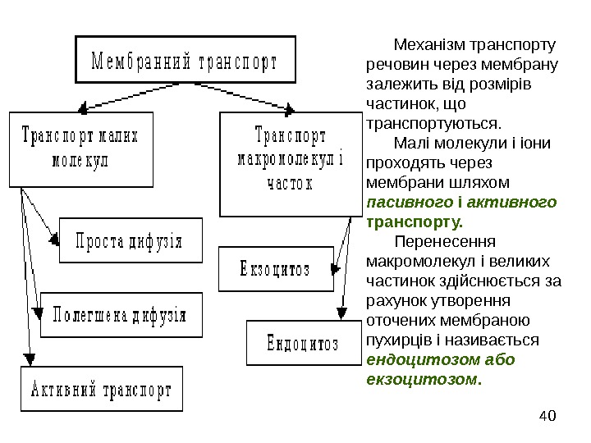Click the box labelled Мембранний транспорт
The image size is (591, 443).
186,60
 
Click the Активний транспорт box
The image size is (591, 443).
102,389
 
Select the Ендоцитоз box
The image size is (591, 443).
302,343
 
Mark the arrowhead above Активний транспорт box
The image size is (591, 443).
30,359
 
